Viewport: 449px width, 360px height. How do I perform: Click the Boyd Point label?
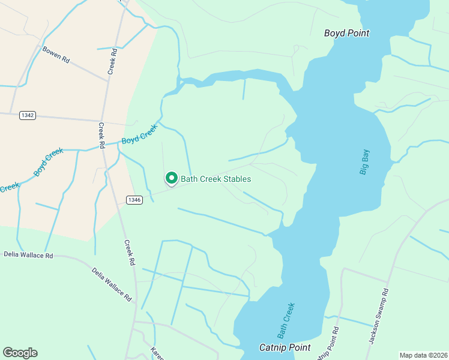(x=346, y=33)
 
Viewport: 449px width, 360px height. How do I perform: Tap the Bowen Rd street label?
(x=56, y=55)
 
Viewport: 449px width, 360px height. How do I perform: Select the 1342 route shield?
(x=27, y=115)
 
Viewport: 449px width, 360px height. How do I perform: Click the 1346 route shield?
(x=134, y=200)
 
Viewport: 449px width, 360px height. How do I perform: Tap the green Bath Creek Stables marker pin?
(x=171, y=178)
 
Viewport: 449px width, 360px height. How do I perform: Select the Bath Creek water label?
(x=286, y=319)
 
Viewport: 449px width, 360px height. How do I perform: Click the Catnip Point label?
(x=285, y=347)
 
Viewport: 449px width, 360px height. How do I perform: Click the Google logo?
(x=20, y=353)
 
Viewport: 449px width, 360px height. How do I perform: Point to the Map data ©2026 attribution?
(x=423, y=355)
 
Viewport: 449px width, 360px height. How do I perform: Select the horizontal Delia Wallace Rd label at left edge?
(x=28, y=255)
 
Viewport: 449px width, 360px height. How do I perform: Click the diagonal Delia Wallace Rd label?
(x=112, y=283)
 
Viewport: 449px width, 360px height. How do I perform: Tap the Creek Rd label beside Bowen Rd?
(x=112, y=61)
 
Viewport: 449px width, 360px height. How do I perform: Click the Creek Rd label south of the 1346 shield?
(x=128, y=253)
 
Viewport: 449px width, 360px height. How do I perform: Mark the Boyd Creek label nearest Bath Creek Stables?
(x=139, y=134)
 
